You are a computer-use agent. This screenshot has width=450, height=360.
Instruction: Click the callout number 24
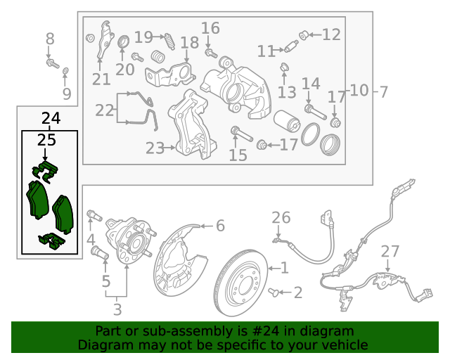(51, 118)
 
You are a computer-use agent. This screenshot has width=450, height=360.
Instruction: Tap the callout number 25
(46, 141)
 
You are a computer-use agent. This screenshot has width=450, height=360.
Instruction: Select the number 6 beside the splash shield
(220, 226)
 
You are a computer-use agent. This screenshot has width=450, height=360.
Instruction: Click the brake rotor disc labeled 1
(240, 283)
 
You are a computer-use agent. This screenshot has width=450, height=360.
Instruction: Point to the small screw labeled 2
(274, 292)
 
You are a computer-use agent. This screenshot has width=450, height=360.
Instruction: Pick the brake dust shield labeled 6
(180, 260)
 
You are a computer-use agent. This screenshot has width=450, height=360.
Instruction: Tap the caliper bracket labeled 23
(192, 124)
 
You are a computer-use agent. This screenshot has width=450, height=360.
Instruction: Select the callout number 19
(143, 37)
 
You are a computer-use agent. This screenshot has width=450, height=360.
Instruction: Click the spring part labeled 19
(169, 41)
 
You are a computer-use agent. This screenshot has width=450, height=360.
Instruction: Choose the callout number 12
(331, 34)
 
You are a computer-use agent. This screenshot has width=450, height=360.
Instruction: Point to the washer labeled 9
(65, 70)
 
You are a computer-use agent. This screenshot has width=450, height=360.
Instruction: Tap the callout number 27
(390, 252)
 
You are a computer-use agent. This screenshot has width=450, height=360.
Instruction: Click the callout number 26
(281, 217)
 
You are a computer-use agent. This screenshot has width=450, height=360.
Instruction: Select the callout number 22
(105, 110)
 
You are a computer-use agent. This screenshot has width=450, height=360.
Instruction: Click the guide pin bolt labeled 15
(242, 134)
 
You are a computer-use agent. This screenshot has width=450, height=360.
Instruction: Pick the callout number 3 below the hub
(117, 310)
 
